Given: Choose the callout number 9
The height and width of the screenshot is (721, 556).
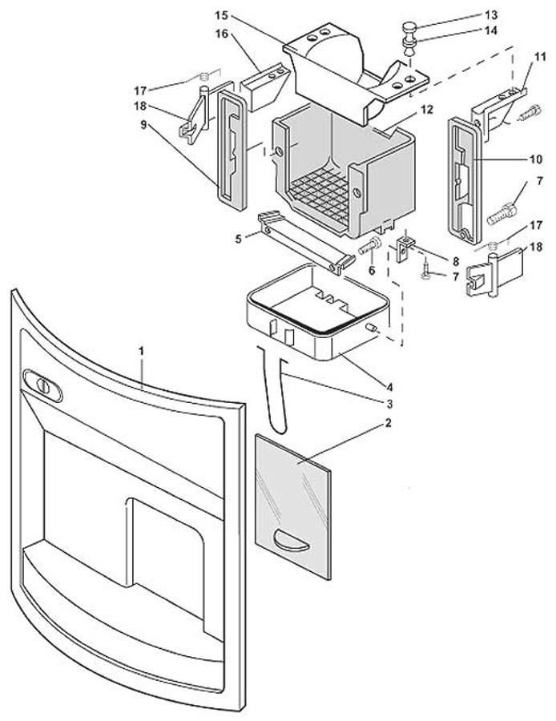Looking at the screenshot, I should point(144,124).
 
